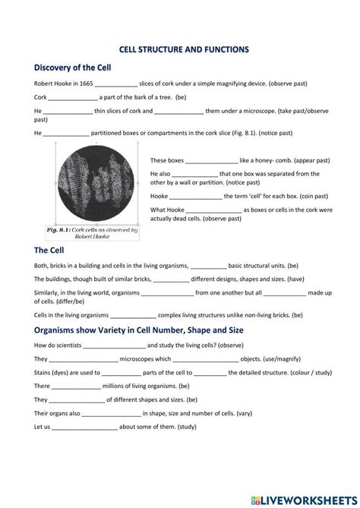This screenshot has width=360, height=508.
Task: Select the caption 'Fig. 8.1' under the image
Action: (x=61, y=229)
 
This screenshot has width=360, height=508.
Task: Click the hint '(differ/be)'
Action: (x=62, y=301)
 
